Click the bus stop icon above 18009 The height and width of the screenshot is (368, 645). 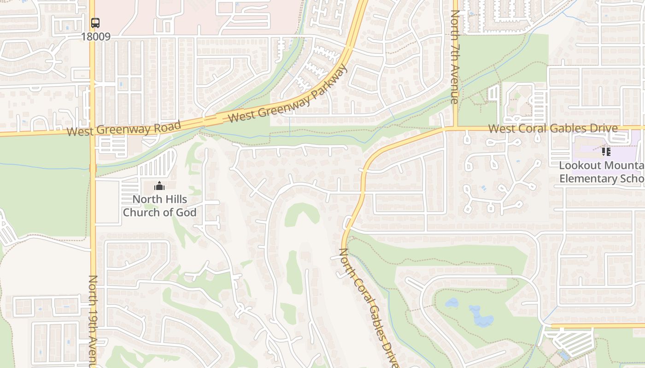pyautogui.click(x=95, y=23)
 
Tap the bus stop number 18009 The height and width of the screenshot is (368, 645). pyautogui.click(x=96, y=37)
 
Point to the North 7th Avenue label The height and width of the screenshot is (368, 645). pyautogui.click(x=455, y=57)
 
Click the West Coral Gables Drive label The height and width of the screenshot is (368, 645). pyautogui.click(x=553, y=128)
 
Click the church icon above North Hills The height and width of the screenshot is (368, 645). pyautogui.click(x=159, y=186)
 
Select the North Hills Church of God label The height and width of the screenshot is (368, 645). pyautogui.click(x=159, y=206)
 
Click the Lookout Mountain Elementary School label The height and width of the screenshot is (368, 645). pyautogui.click(x=601, y=172)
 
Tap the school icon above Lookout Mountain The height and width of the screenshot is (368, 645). pyautogui.click(x=606, y=151)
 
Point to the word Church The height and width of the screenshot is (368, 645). pyautogui.click(x=140, y=213)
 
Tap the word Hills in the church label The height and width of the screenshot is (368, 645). pyautogui.click(x=175, y=199)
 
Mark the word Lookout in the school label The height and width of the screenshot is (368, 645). pyautogui.click(x=578, y=166)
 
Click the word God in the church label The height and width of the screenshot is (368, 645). pyautogui.click(x=186, y=213)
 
